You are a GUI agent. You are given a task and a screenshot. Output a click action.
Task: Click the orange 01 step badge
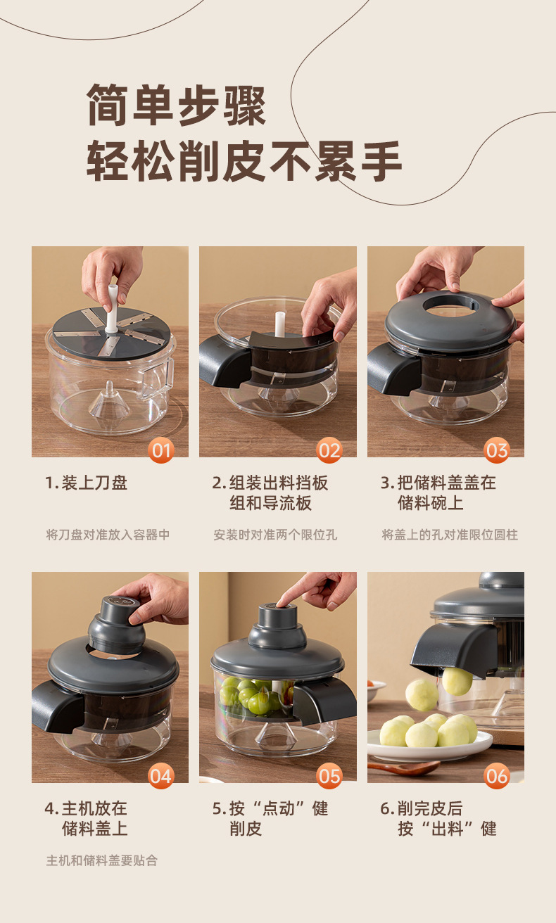[x=160, y=450]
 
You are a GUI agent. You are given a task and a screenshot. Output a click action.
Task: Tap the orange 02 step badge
[x=329, y=450]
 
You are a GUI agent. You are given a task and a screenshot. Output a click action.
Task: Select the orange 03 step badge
[x=497, y=450]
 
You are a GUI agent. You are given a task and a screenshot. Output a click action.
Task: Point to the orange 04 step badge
[x=160, y=776]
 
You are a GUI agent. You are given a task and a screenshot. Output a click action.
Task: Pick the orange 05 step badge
[x=329, y=776]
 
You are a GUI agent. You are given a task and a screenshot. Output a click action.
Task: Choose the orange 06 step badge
[x=497, y=776]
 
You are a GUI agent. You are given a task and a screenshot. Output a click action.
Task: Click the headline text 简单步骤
[x=177, y=105]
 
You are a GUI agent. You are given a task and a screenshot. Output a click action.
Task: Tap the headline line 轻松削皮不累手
[x=244, y=160]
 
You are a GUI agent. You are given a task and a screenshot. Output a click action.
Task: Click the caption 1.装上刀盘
[x=86, y=483]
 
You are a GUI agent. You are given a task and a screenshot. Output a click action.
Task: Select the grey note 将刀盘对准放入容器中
[x=108, y=535]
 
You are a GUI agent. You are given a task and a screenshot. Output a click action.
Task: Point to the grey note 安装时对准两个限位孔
[x=275, y=535]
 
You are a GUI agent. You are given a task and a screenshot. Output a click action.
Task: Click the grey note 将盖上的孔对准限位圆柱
[x=450, y=535]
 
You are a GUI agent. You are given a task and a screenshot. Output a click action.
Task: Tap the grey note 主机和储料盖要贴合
[x=102, y=860]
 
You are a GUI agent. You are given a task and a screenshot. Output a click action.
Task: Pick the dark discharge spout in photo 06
[x=453, y=649]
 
